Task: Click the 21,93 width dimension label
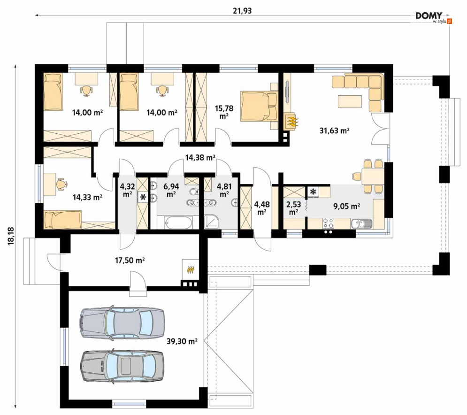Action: pyautogui.click(x=242, y=11)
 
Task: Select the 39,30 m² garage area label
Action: pyautogui.click(x=182, y=341)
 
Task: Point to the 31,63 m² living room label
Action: pyautogui.click(x=335, y=131)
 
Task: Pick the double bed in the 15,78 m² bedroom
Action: pyautogui.click(x=259, y=106)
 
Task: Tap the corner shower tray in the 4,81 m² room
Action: pyautogui.click(x=212, y=222)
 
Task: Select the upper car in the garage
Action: pyautogui.click(x=122, y=322)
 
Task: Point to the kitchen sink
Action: pyautogui.click(x=361, y=223)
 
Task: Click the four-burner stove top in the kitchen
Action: pyautogui.click(x=328, y=223)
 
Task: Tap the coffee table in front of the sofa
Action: pyautogui.click(x=350, y=101)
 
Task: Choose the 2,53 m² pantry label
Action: pyautogui.click(x=294, y=208)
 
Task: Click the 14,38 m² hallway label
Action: pyautogui.click(x=200, y=157)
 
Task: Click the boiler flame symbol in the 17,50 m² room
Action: pyautogui.click(x=190, y=269)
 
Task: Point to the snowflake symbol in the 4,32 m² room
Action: pyautogui.click(x=143, y=197)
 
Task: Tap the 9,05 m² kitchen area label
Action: pyautogui.click(x=347, y=206)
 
